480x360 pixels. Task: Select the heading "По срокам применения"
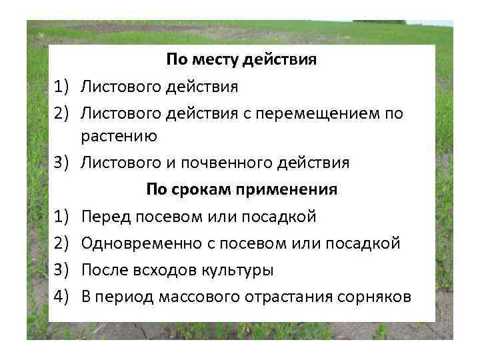[241, 189]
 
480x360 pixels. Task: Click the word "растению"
[119, 137]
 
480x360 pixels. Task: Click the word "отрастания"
[288, 297]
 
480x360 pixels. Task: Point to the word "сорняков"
[373, 297]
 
